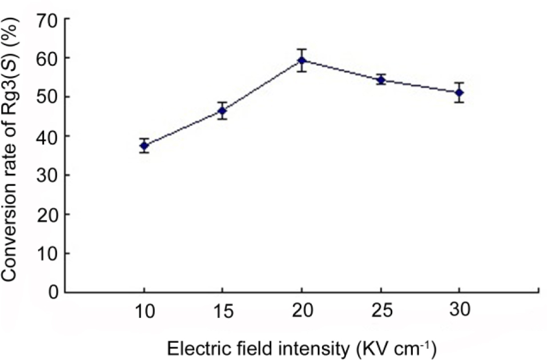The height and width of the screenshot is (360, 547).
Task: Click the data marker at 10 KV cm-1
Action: tap(144, 146)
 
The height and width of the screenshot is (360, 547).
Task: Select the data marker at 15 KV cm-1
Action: tap(223, 111)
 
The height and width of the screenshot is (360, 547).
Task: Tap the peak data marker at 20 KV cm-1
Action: tap(302, 60)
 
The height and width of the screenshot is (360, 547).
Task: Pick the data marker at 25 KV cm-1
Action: tap(381, 80)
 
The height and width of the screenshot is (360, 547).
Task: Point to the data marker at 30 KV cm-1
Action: tap(460, 92)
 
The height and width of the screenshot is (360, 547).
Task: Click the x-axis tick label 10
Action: tap(144, 311)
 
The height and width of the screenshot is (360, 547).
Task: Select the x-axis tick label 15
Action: tap(223, 311)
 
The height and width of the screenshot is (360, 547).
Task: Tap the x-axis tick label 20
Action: tap(302, 311)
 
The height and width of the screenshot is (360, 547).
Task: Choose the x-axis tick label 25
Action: tap(381, 311)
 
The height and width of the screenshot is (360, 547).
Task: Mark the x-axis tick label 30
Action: tap(460, 311)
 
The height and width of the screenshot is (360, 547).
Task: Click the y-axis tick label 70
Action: tap(47, 19)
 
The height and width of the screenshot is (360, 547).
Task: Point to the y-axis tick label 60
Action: tap(47, 58)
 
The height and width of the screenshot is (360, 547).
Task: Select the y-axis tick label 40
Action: tap(47, 136)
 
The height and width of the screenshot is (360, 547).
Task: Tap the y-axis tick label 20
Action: tap(47, 214)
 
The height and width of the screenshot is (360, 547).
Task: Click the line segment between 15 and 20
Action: tap(263, 86)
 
